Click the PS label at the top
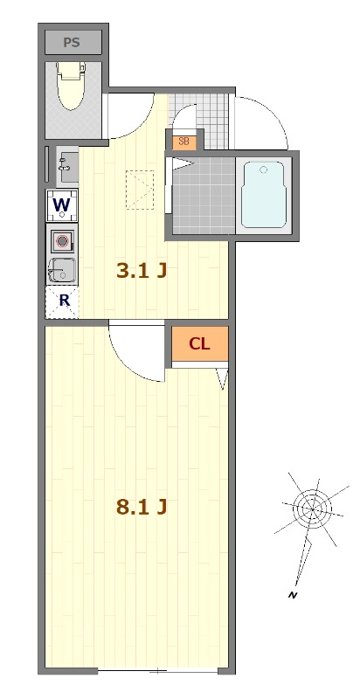click(72, 42)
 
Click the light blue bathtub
click(263, 195)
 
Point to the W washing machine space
click(62, 205)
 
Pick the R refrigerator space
click(62, 301)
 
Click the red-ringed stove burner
click(62, 241)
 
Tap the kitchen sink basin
click(62, 270)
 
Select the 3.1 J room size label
click(142, 271)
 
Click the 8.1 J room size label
click(142, 507)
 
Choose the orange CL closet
click(200, 343)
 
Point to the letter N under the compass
click(293, 595)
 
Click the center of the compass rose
click(313, 509)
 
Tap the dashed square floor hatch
click(140, 190)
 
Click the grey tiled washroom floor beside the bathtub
click(204, 195)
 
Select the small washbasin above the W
click(67, 164)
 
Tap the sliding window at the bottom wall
click(158, 671)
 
